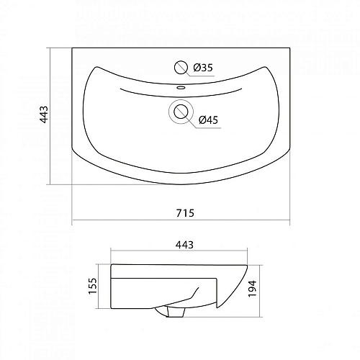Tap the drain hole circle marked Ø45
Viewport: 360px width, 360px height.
tap(180, 112)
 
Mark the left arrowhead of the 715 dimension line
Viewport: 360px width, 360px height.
tap(74, 222)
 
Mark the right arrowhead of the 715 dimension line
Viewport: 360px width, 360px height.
tap(292, 222)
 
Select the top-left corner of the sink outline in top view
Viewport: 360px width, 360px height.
tap(73, 49)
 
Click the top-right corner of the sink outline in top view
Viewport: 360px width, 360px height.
tap(292, 49)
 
